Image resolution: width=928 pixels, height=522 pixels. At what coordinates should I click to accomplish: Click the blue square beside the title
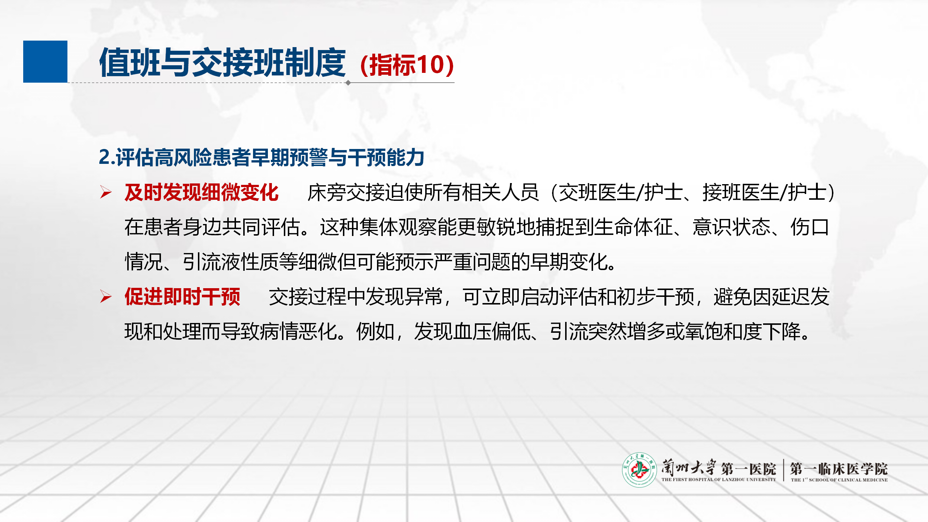point(45,62)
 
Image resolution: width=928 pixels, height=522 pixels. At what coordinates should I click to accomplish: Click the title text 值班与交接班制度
point(223,62)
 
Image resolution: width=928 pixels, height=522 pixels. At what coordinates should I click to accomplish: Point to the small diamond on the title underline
point(348,83)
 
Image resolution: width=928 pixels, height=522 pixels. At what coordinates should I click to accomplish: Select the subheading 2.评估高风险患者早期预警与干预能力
point(261,157)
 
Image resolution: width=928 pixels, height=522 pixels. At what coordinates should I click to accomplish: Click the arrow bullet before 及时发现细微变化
point(106,192)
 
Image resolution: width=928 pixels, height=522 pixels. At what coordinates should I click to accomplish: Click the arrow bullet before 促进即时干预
point(106,297)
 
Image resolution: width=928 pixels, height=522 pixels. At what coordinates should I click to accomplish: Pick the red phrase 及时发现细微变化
point(202,192)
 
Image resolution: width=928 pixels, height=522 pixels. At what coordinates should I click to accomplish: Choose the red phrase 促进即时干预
point(182,297)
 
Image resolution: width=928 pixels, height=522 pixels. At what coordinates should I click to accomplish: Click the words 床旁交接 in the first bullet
point(346,192)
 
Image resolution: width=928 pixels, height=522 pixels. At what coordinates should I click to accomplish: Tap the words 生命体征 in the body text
point(633,227)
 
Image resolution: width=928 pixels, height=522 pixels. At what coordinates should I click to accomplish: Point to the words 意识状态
point(732,227)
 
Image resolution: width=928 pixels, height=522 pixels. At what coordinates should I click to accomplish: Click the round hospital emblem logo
point(639,470)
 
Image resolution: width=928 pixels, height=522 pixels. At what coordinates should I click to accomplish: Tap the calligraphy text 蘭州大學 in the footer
point(688,467)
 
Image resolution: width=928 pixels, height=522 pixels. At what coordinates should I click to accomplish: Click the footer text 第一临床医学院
point(839,469)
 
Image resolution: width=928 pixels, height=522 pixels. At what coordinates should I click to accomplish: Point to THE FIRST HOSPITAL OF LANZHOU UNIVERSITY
point(718,480)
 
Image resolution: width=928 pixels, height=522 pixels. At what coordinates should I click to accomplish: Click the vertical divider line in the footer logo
point(783,470)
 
